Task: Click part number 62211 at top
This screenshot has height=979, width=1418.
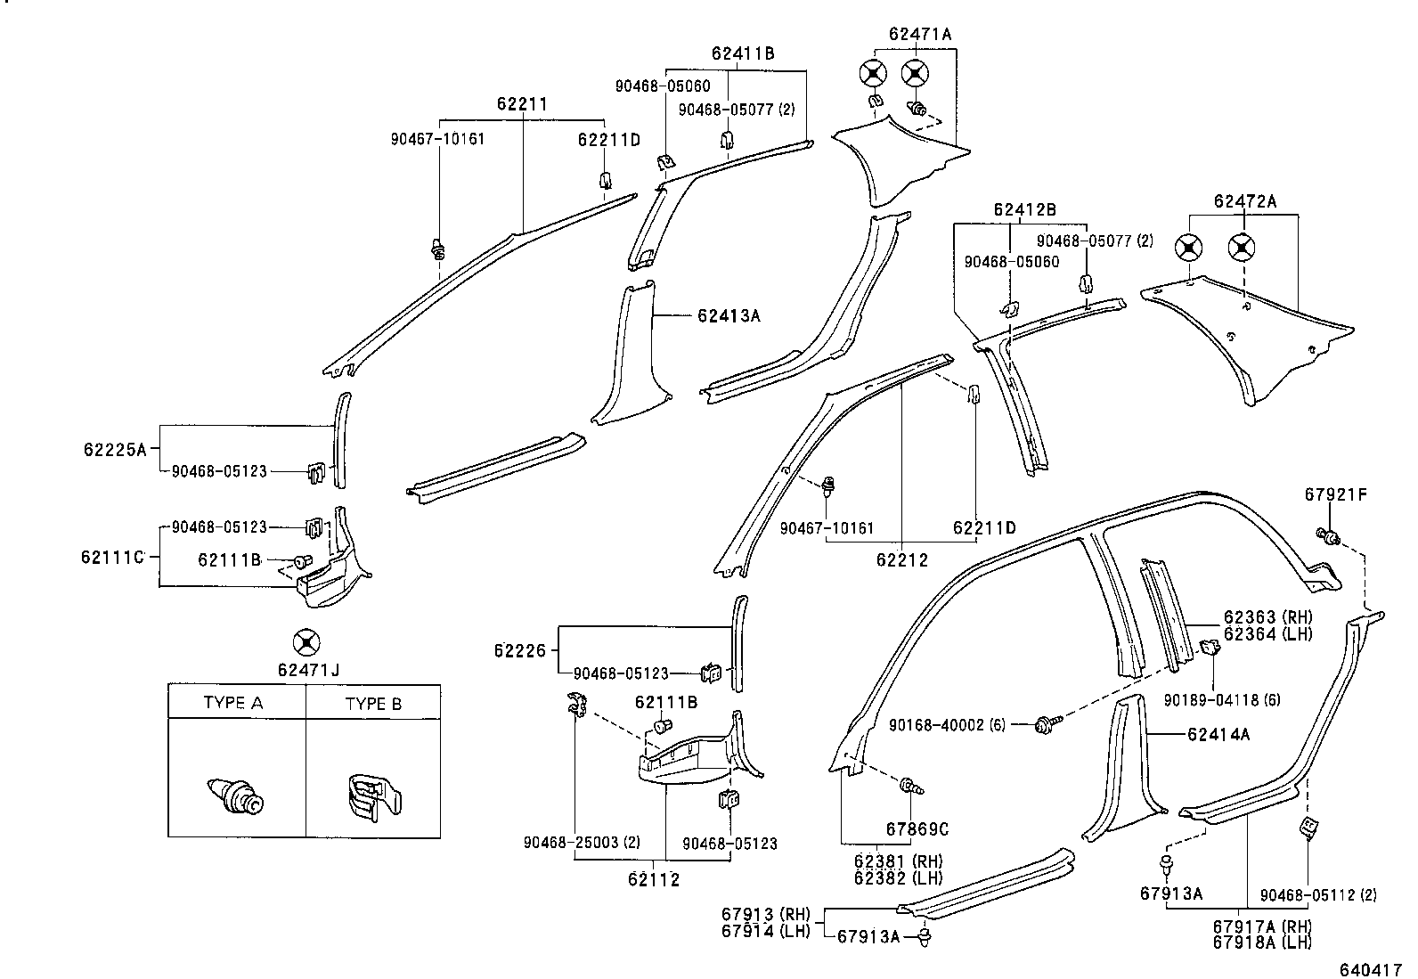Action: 522,105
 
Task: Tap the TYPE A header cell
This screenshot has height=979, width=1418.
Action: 233,703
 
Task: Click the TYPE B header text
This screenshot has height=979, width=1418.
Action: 373,704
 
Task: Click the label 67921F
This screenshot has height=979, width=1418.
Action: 1335,494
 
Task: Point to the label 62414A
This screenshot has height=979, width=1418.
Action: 1218,734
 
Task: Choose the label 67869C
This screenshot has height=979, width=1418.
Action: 917,829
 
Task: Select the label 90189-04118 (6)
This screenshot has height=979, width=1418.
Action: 1222,700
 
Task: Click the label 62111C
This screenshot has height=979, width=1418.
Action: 112,558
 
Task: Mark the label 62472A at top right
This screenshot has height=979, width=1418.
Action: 1244,201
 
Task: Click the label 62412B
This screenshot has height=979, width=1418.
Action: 1024,210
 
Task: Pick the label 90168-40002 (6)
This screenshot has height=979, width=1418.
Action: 947,726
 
